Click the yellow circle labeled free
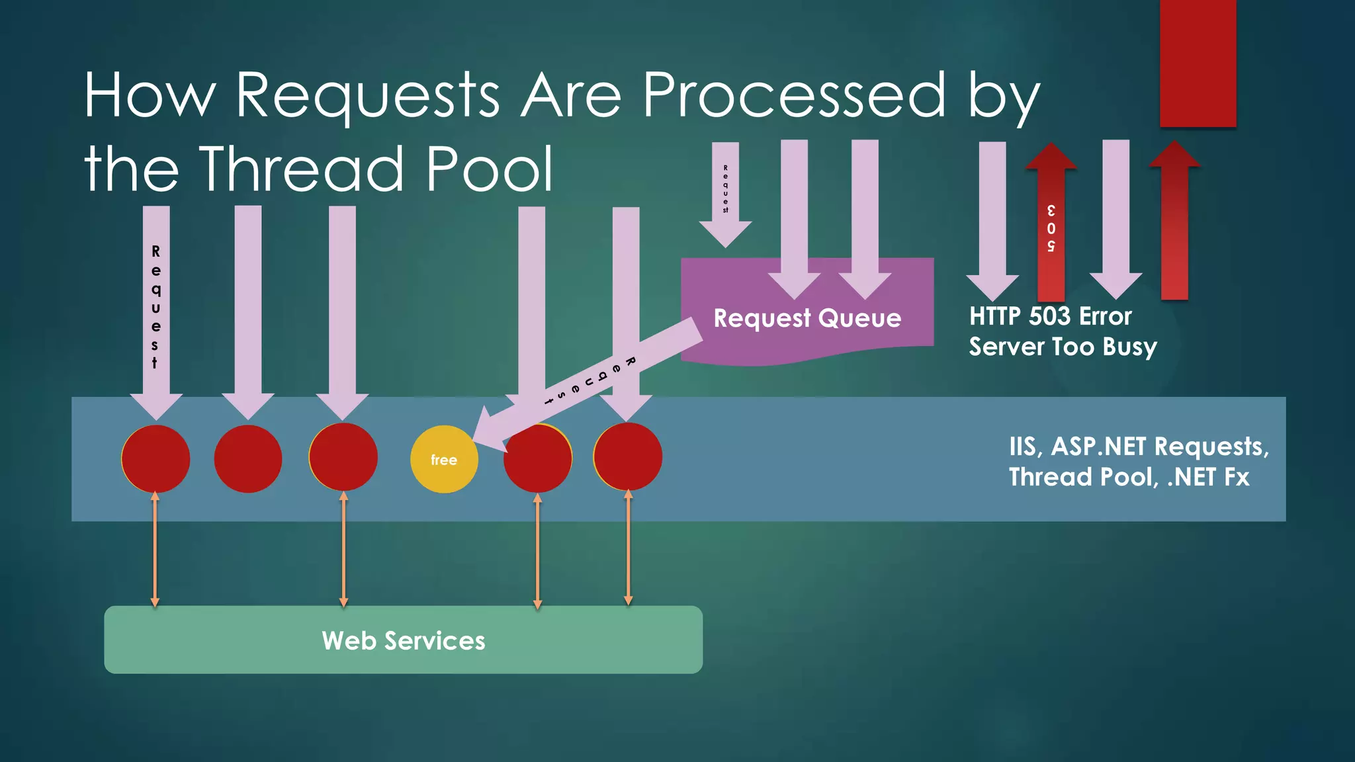point(444,459)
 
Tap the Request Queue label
point(807,318)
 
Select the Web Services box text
point(403,640)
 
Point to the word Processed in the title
point(795,96)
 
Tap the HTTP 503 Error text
point(1050,316)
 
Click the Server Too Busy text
point(1063,347)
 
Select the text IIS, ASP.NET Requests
point(1138,446)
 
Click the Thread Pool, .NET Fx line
point(1129,477)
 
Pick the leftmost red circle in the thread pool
point(156,458)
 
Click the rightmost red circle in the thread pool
point(628,457)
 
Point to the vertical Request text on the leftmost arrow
point(155,306)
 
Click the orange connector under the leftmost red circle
point(155,549)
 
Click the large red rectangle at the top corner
point(1198,63)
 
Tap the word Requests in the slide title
point(367,96)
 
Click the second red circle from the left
point(248,458)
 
